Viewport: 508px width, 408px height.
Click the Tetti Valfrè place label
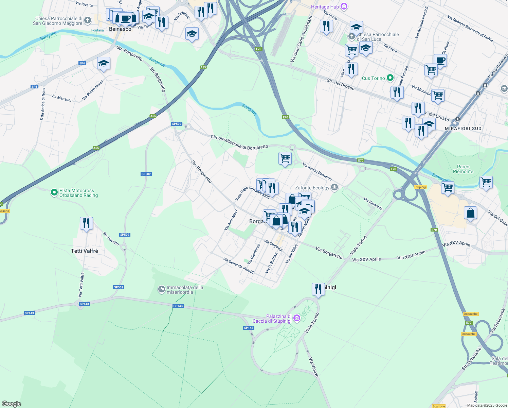(84, 251)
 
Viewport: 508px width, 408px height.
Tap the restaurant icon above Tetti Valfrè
(86, 223)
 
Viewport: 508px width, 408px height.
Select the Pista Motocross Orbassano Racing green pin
(54, 193)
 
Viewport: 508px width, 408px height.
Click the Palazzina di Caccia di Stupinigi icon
(296, 318)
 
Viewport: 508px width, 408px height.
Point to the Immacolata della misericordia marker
(161, 289)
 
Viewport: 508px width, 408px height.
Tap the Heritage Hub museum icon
(344, 6)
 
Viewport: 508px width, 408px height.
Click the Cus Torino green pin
(390, 78)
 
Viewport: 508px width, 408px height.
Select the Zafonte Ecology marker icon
(334, 188)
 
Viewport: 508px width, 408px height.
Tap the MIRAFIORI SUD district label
(463, 129)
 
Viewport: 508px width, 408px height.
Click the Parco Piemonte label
(463, 169)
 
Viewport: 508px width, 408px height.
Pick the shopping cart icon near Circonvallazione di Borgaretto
(285, 158)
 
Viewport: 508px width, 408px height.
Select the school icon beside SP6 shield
(104, 63)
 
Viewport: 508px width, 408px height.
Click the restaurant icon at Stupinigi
(318, 289)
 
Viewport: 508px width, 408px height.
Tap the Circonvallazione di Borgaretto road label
(239, 142)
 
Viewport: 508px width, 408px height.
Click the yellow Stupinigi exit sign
(420, 187)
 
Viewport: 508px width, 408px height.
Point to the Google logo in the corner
(12, 404)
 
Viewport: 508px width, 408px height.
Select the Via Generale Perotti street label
(238, 265)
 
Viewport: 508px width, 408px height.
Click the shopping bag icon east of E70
(470, 213)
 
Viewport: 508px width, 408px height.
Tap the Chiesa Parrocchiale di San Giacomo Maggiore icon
(87, 20)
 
